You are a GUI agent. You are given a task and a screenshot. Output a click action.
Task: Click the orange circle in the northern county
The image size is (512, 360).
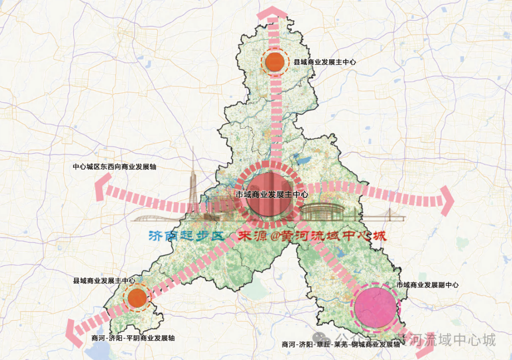point(274,62)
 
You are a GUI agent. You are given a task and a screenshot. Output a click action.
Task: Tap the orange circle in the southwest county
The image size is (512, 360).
point(137,297)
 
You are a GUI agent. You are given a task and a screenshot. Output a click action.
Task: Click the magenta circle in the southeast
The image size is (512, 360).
point(375,307)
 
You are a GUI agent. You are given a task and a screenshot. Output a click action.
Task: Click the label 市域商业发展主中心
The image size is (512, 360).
point(272,194)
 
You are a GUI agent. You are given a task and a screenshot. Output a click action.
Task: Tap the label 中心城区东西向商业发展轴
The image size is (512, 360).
point(115,167)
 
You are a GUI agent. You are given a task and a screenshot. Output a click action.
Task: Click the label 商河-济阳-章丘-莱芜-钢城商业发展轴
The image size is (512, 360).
point(341,344)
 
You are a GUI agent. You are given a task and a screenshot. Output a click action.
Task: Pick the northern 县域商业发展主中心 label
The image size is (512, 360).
point(325,62)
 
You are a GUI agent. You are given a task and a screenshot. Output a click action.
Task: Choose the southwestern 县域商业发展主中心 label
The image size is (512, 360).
point(104,281)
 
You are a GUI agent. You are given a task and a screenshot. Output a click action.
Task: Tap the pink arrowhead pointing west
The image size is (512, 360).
point(101,189)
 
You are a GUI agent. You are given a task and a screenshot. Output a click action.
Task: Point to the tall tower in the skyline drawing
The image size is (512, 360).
point(194,190)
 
